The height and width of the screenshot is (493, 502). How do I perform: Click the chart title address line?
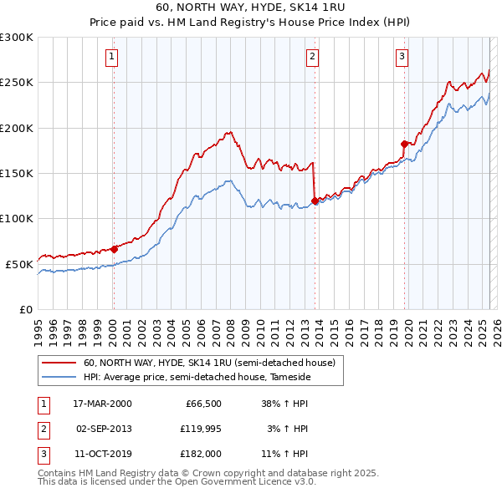250,8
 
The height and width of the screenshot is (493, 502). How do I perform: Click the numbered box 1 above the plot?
112,57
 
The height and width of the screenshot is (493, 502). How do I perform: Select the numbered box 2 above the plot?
312,57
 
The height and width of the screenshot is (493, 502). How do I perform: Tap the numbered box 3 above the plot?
402,57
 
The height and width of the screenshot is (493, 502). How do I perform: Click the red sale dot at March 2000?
115,248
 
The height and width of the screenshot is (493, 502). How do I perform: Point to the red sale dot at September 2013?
315,201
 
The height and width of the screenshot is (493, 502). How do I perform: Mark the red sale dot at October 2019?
404,144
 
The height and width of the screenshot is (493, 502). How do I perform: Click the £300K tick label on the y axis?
17,38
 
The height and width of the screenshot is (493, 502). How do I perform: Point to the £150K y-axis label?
17,173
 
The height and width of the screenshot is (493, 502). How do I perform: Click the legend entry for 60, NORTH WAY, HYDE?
209,363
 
